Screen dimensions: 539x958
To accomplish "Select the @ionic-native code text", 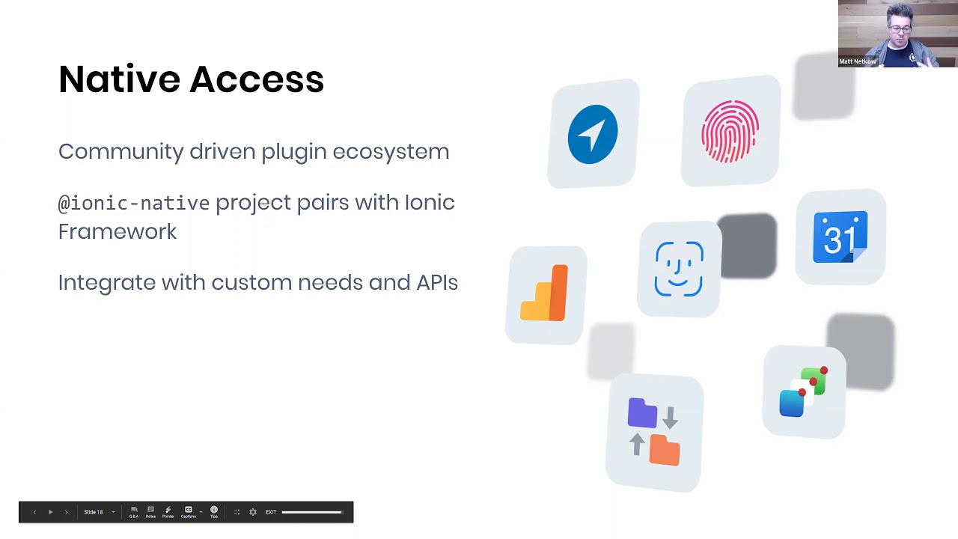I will (x=133, y=203).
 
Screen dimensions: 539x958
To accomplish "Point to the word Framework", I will (x=118, y=231).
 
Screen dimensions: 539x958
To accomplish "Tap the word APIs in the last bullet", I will (x=437, y=282).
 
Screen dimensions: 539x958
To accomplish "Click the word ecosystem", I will (x=391, y=151).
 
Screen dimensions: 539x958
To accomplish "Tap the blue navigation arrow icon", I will (x=592, y=135).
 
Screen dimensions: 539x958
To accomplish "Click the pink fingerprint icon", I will (x=730, y=132).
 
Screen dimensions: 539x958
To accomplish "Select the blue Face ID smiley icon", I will (x=679, y=269).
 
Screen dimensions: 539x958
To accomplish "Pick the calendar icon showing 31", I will (x=840, y=237).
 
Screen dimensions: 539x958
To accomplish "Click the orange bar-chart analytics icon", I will (x=546, y=293).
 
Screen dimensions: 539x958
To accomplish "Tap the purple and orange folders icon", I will (x=654, y=433).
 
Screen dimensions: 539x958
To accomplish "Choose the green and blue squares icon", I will (x=804, y=392).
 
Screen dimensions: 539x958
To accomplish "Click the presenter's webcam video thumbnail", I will (x=897, y=34).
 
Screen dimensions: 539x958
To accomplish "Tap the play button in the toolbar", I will (x=50, y=512).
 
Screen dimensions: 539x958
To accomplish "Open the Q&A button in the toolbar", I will (x=134, y=511).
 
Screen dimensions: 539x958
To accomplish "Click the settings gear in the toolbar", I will (x=253, y=512).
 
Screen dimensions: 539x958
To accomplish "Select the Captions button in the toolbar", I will (x=189, y=511).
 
